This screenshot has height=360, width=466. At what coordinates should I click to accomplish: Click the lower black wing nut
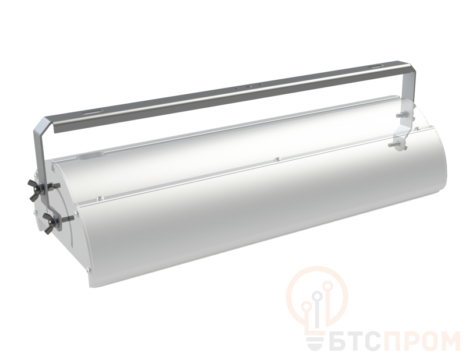[48, 223]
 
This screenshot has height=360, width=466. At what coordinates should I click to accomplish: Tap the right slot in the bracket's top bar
[376, 67]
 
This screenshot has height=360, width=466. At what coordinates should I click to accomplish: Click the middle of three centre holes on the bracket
[250, 87]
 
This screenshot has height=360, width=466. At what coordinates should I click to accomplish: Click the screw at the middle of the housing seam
[277, 160]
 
